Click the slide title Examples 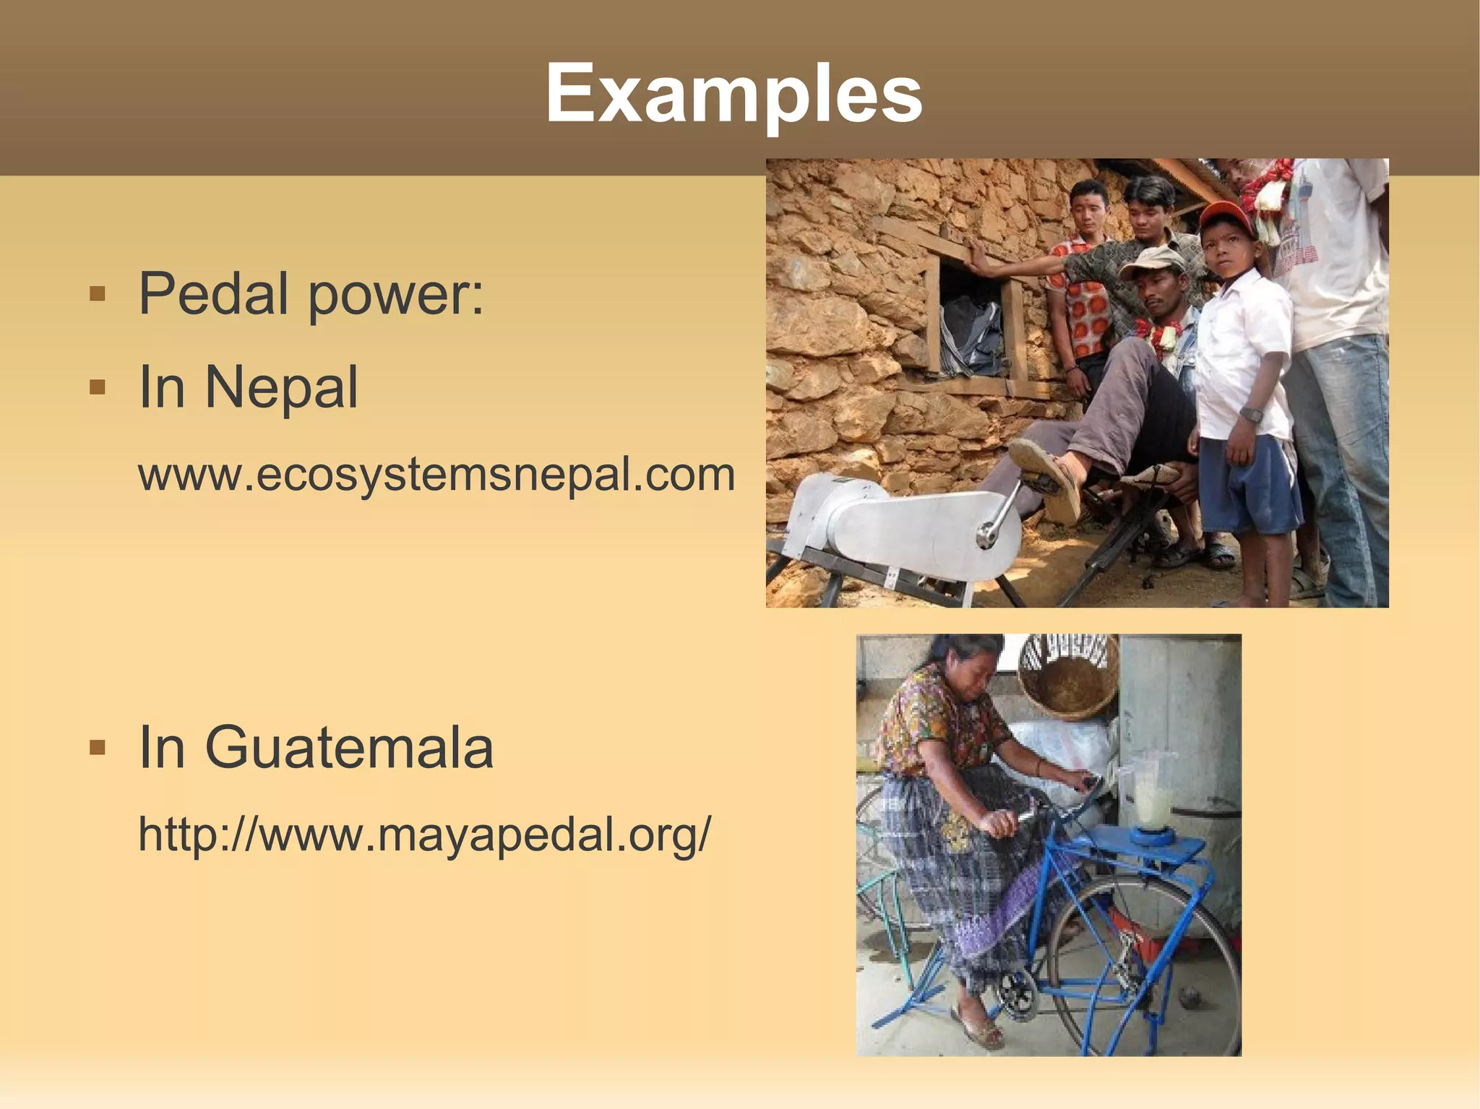(x=733, y=94)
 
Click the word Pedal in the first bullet (x=214, y=294)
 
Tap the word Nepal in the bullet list (x=282, y=387)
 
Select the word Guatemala (x=350, y=748)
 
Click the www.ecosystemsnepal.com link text (x=436, y=475)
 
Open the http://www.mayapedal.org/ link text (x=425, y=834)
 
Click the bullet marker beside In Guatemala (x=98, y=748)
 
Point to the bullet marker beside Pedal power (x=98, y=295)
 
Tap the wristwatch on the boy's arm (x=1251, y=415)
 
